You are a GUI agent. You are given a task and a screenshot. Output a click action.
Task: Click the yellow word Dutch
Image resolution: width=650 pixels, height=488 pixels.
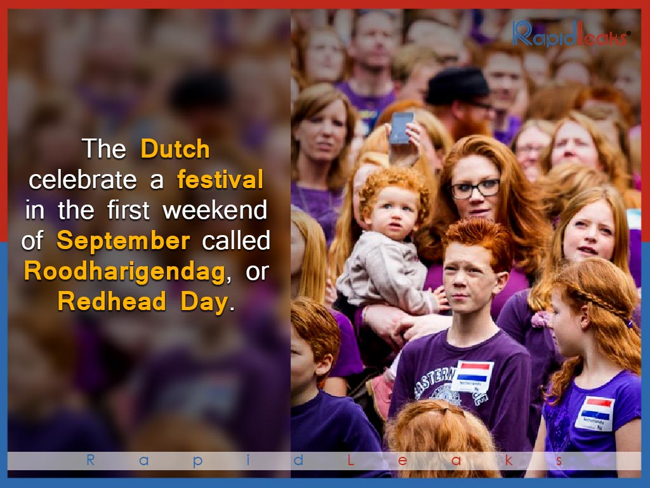pos(175,149)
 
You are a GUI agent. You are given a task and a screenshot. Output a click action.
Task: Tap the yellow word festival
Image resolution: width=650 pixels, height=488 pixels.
pos(220,179)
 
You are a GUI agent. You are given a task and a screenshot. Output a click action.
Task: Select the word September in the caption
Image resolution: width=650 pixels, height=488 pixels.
pos(123,241)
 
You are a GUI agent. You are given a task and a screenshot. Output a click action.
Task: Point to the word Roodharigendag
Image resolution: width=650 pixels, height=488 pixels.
pos(125,272)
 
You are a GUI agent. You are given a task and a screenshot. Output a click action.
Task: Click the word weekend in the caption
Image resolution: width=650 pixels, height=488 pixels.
pos(215,210)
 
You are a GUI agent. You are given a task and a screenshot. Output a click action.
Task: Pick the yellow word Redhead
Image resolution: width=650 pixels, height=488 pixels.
pos(112,301)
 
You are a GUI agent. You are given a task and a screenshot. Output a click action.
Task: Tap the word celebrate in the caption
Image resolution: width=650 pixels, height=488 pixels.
pos(83,180)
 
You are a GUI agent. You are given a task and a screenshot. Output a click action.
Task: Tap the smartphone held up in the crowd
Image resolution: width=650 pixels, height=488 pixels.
pos(401,128)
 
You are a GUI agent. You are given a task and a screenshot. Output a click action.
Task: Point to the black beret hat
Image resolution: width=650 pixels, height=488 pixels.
pos(457,86)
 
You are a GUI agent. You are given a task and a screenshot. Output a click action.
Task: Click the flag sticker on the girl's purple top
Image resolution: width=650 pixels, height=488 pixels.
pos(595,413)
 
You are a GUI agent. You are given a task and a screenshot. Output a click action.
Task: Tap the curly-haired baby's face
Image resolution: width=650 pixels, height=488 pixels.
pos(392,213)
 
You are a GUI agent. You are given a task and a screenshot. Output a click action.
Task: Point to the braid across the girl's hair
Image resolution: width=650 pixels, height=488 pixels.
pos(601,303)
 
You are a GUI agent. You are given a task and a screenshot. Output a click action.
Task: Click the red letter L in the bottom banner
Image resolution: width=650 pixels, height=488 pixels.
pos(350,460)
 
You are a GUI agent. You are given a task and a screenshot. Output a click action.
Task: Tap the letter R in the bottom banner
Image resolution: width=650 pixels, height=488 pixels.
pos(90,460)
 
